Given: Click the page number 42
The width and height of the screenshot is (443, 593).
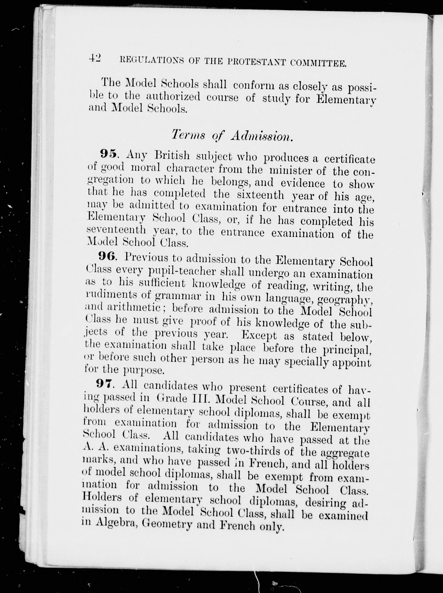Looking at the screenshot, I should pos(95,58).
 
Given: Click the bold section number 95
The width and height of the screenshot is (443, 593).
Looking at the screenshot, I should pos(109,154).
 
